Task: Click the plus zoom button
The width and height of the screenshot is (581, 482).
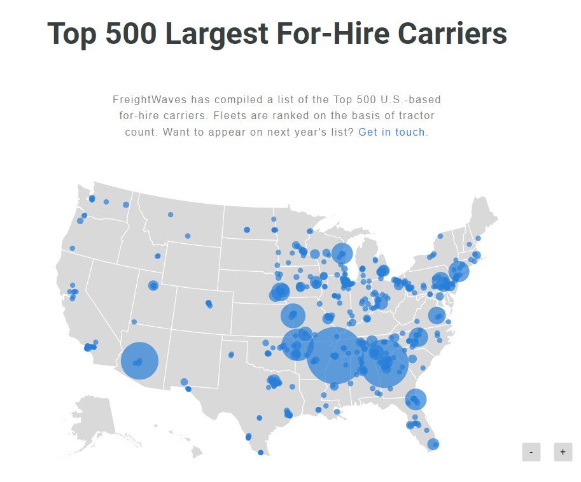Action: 563,452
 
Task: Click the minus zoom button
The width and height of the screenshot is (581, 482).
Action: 531,452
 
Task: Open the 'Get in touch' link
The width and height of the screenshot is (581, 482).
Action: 391,132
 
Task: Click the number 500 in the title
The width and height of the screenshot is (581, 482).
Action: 131,33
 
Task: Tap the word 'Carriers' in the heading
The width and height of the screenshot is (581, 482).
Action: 452,33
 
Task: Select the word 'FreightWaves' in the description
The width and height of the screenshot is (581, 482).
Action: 150,100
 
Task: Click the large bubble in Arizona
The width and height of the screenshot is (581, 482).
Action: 140,361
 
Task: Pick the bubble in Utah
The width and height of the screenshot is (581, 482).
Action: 153,285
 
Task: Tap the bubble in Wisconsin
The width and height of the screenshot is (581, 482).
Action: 342,253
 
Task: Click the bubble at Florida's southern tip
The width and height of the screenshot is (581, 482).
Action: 433,444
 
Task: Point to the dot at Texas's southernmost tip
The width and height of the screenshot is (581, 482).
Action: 260,452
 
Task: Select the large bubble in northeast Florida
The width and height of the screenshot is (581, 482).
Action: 416,399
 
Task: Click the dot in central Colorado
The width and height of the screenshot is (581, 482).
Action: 209,304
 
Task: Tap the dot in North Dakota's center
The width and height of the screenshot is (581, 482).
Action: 247,230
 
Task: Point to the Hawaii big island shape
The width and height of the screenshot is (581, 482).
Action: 197,451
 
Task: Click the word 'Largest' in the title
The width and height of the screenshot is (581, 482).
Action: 216,34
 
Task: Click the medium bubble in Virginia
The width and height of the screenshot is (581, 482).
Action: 437,316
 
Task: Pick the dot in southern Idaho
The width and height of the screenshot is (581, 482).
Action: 157,256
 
